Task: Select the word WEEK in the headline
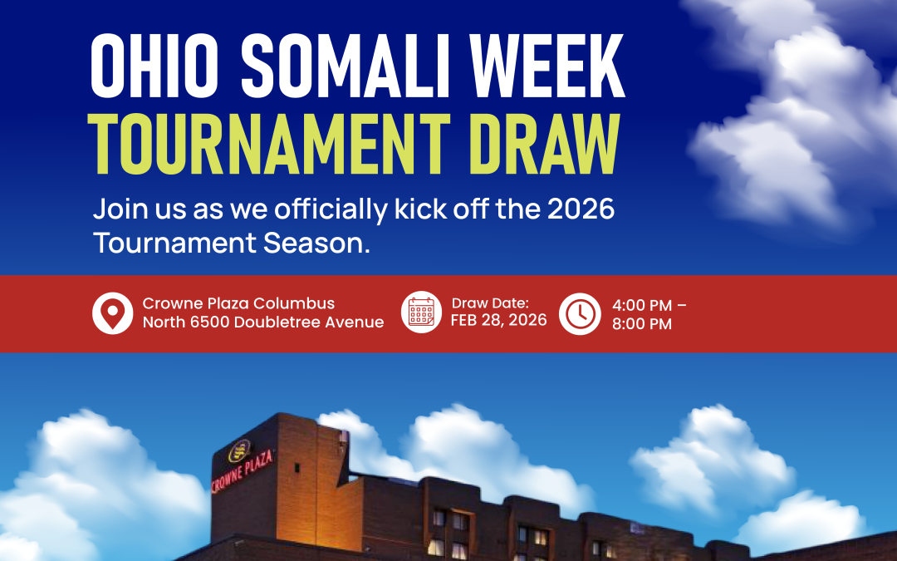click(547, 66)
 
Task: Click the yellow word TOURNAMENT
click(269, 144)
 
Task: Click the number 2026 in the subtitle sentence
click(581, 209)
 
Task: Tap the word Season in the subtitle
click(316, 243)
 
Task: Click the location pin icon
click(113, 313)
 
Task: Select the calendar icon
click(422, 312)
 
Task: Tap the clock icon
click(580, 313)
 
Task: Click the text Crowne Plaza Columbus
click(238, 303)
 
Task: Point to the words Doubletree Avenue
click(309, 322)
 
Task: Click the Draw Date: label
click(490, 303)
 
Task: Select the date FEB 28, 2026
click(499, 320)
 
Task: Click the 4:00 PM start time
click(642, 305)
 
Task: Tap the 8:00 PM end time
click(642, 324)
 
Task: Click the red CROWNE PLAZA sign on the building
click(242, 471)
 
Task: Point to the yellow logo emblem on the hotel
click(239, 450)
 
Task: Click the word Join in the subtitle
click(120, 209)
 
